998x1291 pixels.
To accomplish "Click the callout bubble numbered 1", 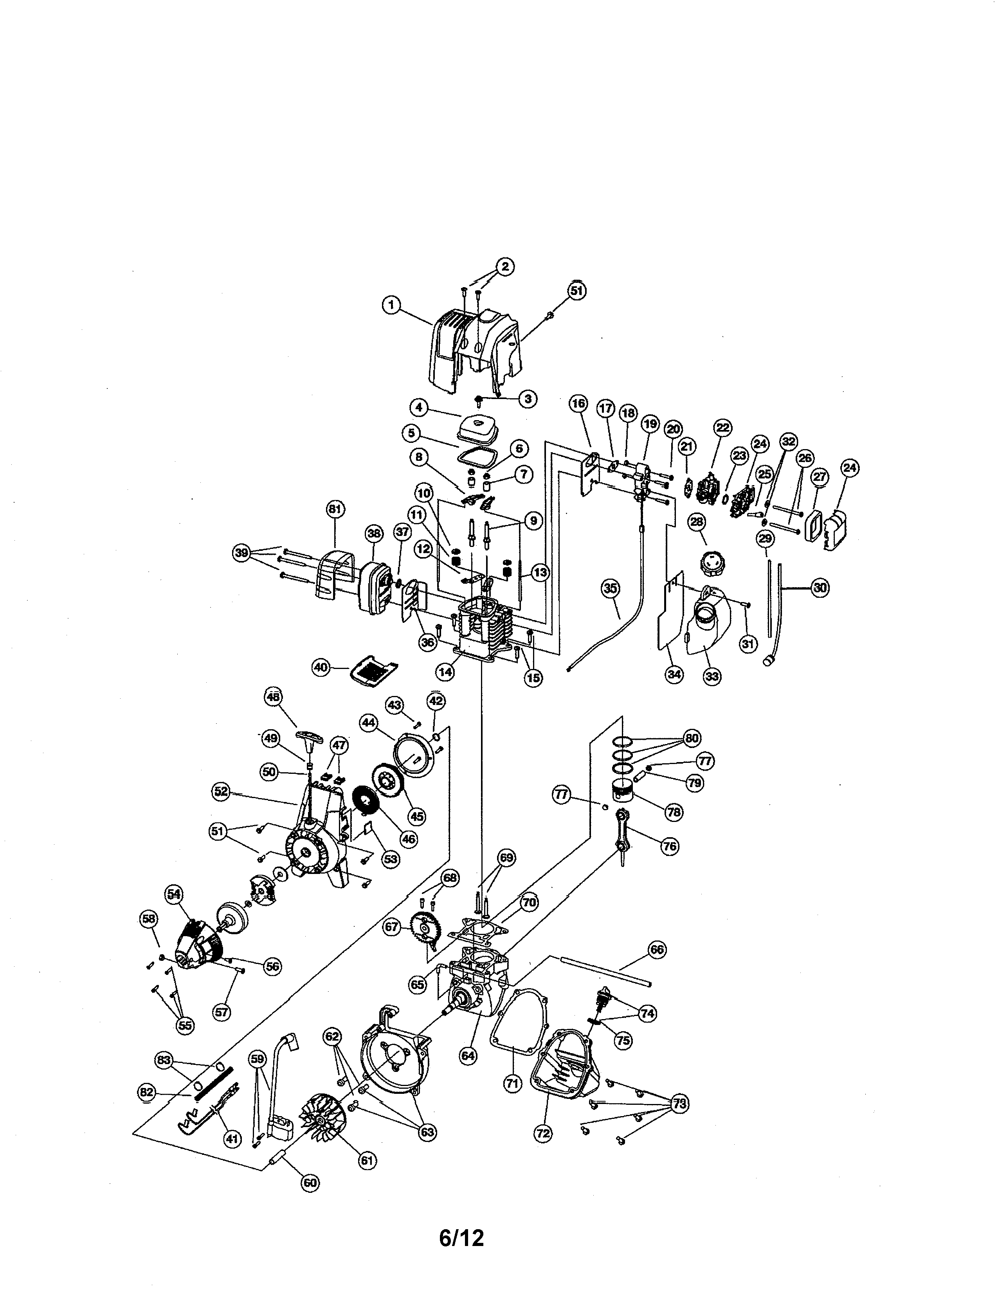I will click(390, 305).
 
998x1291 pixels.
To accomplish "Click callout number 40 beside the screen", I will click(321, 667).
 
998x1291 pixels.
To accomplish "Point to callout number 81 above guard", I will click(335, 509).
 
